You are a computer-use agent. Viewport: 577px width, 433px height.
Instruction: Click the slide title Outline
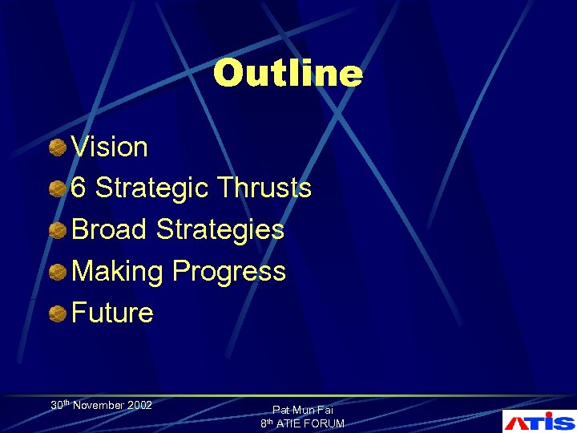(x=288, y=73)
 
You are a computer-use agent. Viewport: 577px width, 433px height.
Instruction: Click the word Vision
(x=110, y=148)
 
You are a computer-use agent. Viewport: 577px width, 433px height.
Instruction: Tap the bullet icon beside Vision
(x=58, y=148)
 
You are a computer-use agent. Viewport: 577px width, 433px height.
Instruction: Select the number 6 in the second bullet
(x=79, y=188)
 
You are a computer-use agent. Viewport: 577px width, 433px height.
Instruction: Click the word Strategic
(x=152, y=188)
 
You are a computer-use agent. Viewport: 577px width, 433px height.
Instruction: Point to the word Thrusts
(x=264, y=188)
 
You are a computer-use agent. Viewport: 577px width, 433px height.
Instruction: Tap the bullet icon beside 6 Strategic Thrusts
(x=58, y=189)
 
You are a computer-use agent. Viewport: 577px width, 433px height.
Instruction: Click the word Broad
(x=110, y=230)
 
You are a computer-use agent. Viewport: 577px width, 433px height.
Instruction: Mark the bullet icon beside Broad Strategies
(x=58, y=231)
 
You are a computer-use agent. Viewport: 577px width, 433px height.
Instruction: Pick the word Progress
(x=228, y=272)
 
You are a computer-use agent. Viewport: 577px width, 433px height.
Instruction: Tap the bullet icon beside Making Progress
(x=58, y=272)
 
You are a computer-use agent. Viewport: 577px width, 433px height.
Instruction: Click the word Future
(x=112, y=313)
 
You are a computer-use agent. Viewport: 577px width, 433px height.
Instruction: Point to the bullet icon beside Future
(x=58, y=314)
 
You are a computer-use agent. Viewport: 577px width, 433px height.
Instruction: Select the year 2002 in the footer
(x=139, y=406)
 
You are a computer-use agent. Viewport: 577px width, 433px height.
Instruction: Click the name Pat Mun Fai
(x=302, y=410)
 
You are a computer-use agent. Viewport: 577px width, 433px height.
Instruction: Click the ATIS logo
(x=539, y=420)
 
